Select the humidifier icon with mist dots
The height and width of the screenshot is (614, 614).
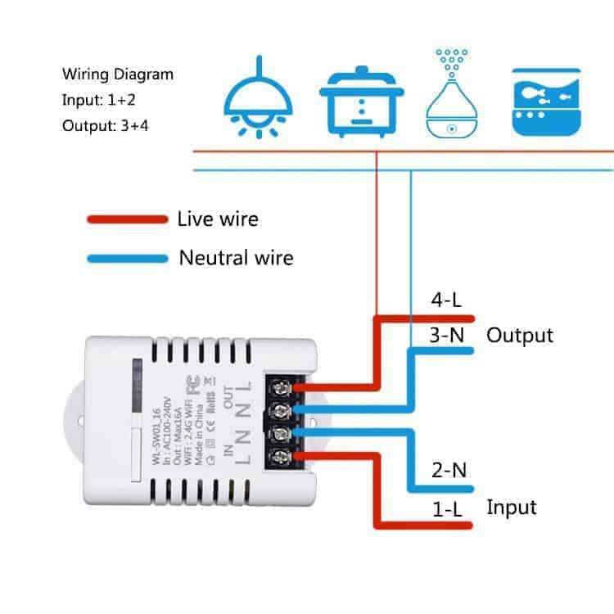tap(449, 95)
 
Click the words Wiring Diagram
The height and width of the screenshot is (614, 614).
tap(118, 74)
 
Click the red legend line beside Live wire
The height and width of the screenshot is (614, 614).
tap(127, 219)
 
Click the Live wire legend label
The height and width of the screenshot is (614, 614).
tap(217, 219)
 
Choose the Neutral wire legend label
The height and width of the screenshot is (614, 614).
tap(236, 259)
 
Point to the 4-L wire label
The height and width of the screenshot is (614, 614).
tap(446, 300)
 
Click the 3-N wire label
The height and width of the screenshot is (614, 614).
tap(447, 335)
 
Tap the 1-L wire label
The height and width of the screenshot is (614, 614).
tap(447, 508)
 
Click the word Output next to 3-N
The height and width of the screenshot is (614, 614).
tap(520, 335)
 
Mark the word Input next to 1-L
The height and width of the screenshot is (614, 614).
tap(512, 507)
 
